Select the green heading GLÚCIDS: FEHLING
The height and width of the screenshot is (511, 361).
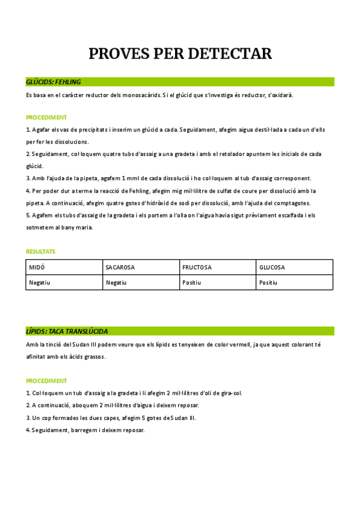[x=54, y=82]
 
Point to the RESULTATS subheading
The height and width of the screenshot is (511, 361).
[x=40, y=251]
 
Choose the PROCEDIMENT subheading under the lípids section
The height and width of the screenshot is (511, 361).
[x=46, y=381]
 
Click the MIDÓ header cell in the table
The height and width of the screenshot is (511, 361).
[x=37, y=267]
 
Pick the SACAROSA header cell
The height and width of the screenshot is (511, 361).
[x=120, y=267]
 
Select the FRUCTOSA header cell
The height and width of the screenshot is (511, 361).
[x=197, y=267]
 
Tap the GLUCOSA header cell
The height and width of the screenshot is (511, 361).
[x=272, y=267]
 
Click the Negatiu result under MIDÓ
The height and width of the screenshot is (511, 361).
[x=40, y=282]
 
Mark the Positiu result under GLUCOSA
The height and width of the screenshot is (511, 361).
[x=268, y=282]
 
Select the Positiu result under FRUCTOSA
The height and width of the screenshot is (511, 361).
[x=192, y=282]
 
